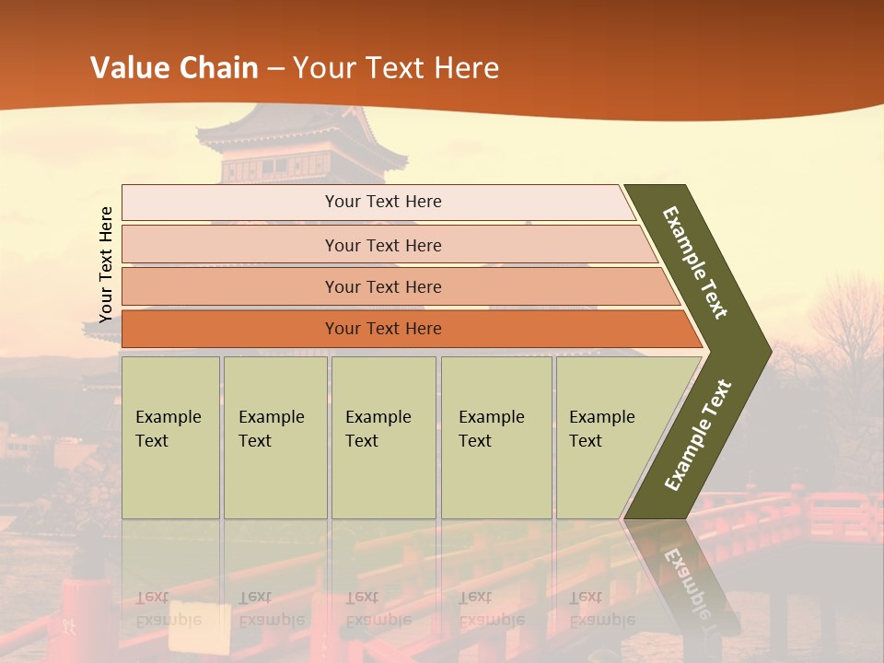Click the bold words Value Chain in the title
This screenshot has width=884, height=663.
(174, 68)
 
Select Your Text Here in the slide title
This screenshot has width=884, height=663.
(396, 68)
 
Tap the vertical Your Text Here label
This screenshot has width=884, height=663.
(106, 264)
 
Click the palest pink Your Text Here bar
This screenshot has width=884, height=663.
(382, 202)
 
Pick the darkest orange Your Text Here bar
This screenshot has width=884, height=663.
(382, 329)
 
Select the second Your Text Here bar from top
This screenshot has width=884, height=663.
(382, 245)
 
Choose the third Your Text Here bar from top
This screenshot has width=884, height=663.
(382, 286)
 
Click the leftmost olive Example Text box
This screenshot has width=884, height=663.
(170, 437)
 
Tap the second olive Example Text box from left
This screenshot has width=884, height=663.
(274, 437)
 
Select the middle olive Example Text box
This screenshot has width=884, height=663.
(383, 437)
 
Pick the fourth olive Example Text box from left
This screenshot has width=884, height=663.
(495, 437)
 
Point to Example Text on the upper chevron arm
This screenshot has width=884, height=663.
(696, 262)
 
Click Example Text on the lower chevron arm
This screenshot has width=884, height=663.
(698, 436)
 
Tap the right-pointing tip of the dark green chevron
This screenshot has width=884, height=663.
(764, 351)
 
